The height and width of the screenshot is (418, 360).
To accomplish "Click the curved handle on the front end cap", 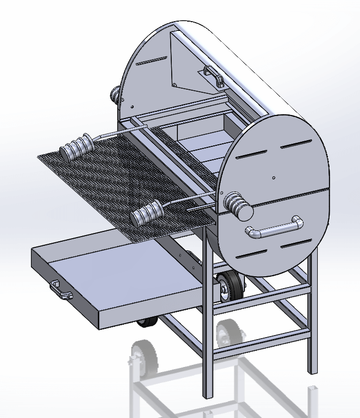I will click(273, 229).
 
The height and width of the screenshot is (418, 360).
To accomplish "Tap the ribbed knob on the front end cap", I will click(238, 205).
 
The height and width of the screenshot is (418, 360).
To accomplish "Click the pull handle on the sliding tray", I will click(61, 290).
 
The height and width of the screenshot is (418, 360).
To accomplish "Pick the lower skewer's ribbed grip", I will click(147, 214).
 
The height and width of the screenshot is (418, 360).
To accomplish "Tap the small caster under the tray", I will click(148, 322).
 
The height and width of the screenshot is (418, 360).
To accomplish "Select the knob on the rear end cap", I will click(115, 94).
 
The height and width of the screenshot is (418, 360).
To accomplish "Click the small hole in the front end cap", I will click(273, 177).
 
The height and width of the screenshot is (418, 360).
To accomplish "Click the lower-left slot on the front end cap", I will click(251, 253).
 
